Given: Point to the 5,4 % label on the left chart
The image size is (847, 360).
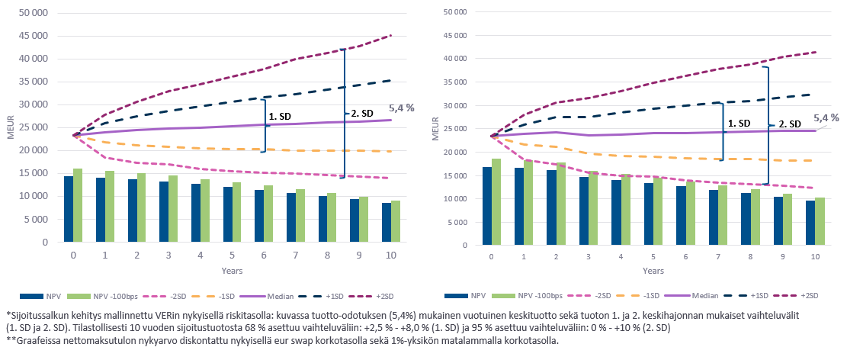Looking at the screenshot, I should [401, 109].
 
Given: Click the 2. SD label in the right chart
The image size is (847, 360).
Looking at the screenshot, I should [789, 124].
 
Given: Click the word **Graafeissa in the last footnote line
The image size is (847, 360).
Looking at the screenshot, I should [32, 340].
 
